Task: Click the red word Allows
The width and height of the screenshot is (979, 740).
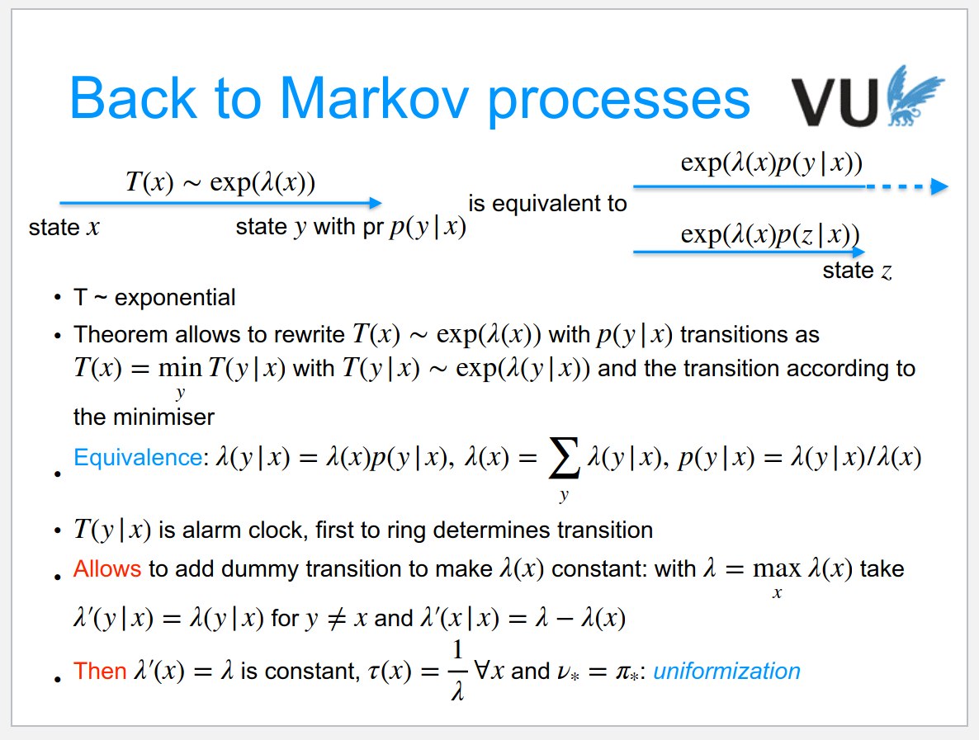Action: tap(106, 569)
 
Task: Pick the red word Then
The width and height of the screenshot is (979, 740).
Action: tap(100, 672)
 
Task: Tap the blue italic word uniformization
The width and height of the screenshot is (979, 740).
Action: tap(726, 672)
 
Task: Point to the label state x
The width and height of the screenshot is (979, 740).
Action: tap(64, 228)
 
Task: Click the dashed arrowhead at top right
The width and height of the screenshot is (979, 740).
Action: tap(938, 187)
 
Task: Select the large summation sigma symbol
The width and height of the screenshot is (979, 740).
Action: tap(564, 460)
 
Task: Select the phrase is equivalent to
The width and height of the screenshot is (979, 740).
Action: tap(547, 203)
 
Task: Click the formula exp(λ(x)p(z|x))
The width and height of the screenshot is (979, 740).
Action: tap(769, 234)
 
